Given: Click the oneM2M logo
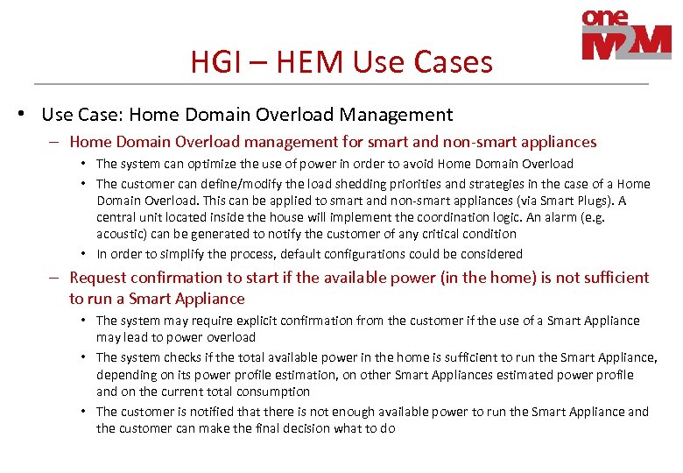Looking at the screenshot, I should (625, 35).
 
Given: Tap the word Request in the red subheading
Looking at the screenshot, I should (99, 278).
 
